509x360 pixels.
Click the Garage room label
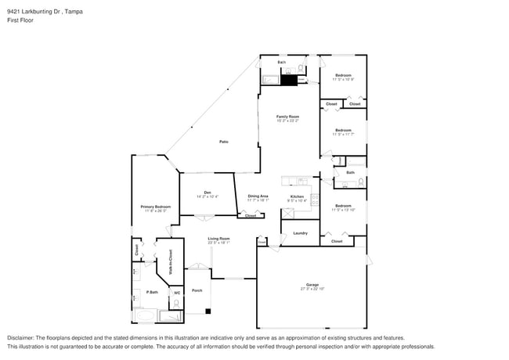(312, 284)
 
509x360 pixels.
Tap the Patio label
(223, 142)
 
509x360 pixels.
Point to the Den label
(208, 192)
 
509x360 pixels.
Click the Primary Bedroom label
(155, 207)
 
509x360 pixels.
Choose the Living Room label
(218, 239)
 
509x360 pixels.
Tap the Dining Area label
(258, 196)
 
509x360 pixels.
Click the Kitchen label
(297, 196)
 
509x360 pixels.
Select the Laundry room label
(299, 233)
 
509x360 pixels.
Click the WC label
(177, 293)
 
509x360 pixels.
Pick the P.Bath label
(143, 293)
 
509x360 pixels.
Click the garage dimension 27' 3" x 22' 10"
(312, 289)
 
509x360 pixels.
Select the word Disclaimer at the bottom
(23, 337)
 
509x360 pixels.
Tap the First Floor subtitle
(21, 21)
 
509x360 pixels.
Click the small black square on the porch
(208, 311)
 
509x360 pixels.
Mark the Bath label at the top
(281, 61)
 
